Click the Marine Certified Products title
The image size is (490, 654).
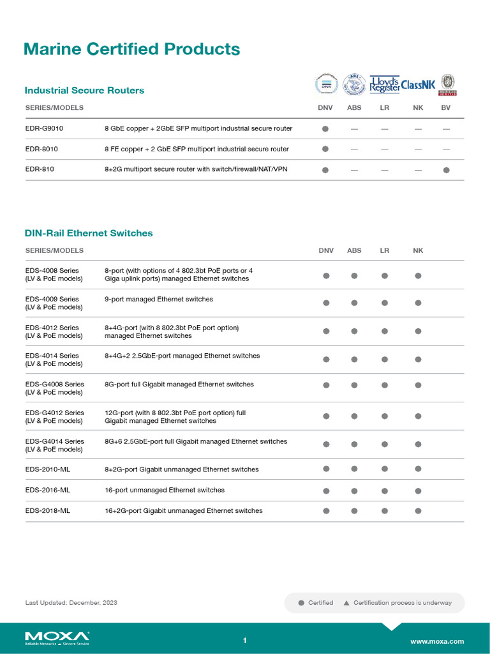[x=131, y=49]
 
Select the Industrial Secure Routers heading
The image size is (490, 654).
[x=84, y=90]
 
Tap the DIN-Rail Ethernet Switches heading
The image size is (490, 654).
[x=89, y=233]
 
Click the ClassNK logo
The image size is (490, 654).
[x=417, y=84]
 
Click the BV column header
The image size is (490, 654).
[x=446, y=108]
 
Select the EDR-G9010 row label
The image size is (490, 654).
[x=44, y=128]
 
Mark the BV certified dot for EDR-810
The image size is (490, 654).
[x=446, y=170]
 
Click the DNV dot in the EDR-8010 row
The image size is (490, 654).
[x=325, y=149]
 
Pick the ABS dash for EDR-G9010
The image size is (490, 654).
[x=354, y=129]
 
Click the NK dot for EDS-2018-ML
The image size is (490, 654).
[x=418, y=511]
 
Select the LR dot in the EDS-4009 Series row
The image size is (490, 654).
[x=385, y=303]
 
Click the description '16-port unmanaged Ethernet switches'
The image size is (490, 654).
[x=165, y=490]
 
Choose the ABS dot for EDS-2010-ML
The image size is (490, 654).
[x=354, y=469]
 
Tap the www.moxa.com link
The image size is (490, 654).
[x=437, y=641]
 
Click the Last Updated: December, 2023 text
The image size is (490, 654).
[x=71, y=602]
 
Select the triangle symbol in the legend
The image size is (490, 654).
[x=346, y=603]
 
